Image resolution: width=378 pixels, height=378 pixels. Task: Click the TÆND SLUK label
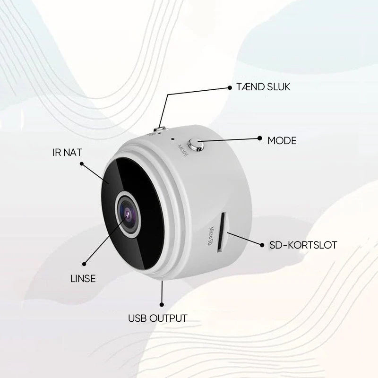pyautogui.click(x=263, y=87)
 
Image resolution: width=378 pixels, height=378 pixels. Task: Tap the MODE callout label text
pyautogui.click(x=282, y=141)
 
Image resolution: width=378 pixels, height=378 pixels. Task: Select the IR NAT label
pyautogui.click(x=67, y=152)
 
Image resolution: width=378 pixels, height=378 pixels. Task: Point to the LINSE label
pyautogui.click(x=83, y=279)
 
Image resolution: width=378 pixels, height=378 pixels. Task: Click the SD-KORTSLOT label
pyautogui.click(x=303, y=245)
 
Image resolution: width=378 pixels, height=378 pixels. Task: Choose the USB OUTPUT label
pyautogui.click(x=158, y=318)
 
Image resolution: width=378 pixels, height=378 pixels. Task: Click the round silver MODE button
pyautogui.click(x=196, y=145)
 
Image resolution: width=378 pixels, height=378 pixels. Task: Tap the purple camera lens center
pyautogui.click(x=128, y=214)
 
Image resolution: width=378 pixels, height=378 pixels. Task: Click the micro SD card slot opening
pyautogui.click(x=221, y=232)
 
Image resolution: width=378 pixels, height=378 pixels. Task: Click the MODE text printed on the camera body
pyautogui.click(x=183, y=150)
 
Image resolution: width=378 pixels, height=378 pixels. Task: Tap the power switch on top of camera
pyautogui.click(x=160, y=129)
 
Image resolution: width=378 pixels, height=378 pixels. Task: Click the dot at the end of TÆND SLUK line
pyautogui.click(x=230, y=88)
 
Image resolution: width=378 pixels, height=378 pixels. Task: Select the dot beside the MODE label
pyautogui.click(x=259, y=138)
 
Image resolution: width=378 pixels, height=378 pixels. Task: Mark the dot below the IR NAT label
pyautogui.click(x=82, y=164)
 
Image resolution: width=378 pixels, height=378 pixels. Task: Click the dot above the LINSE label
pyautogui.click(x=84, y=264)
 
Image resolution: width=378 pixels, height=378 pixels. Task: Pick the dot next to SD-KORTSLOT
pyautogui.click(x=262, y=245)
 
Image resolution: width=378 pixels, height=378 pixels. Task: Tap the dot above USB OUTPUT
pyautogui.click(x=162, y=305)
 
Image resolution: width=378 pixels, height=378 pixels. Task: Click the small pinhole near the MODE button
pyautogui.click(x=172, y=139)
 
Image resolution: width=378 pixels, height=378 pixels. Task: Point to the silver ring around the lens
pyautogui.click(x=128, y=215)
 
